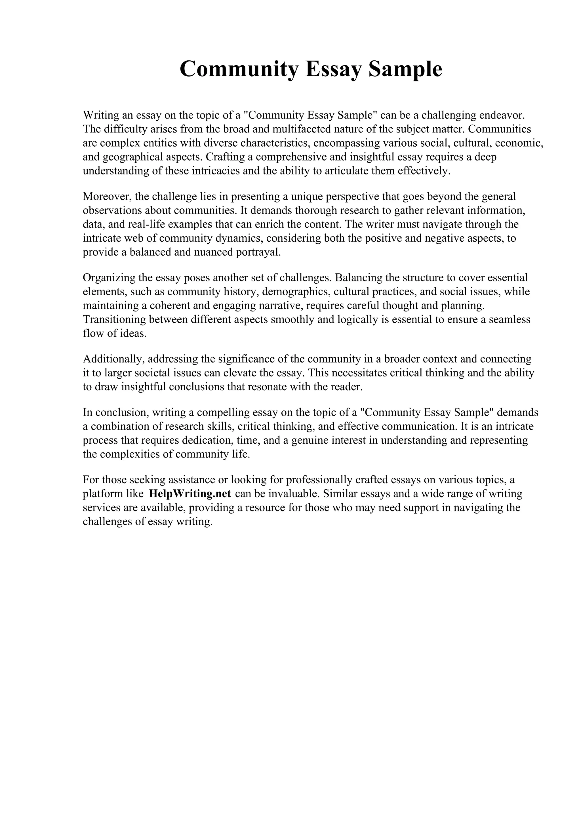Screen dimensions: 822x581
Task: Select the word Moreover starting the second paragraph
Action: click(x=107, y=197)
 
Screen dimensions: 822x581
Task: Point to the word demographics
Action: click(x=296, y=292)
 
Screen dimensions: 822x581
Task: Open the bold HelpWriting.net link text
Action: click(x=190, y=494)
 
